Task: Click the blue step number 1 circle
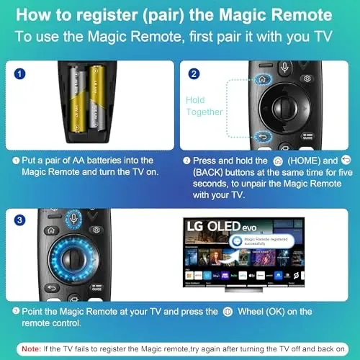point(20,74)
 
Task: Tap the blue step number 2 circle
point(194,74)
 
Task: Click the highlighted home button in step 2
point(262,79)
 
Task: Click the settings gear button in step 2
point(307,79)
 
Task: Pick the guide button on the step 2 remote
point(309,137)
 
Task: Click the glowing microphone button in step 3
point(73,219)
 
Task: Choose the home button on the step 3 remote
point(50,230)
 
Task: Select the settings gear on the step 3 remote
point(96,230)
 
